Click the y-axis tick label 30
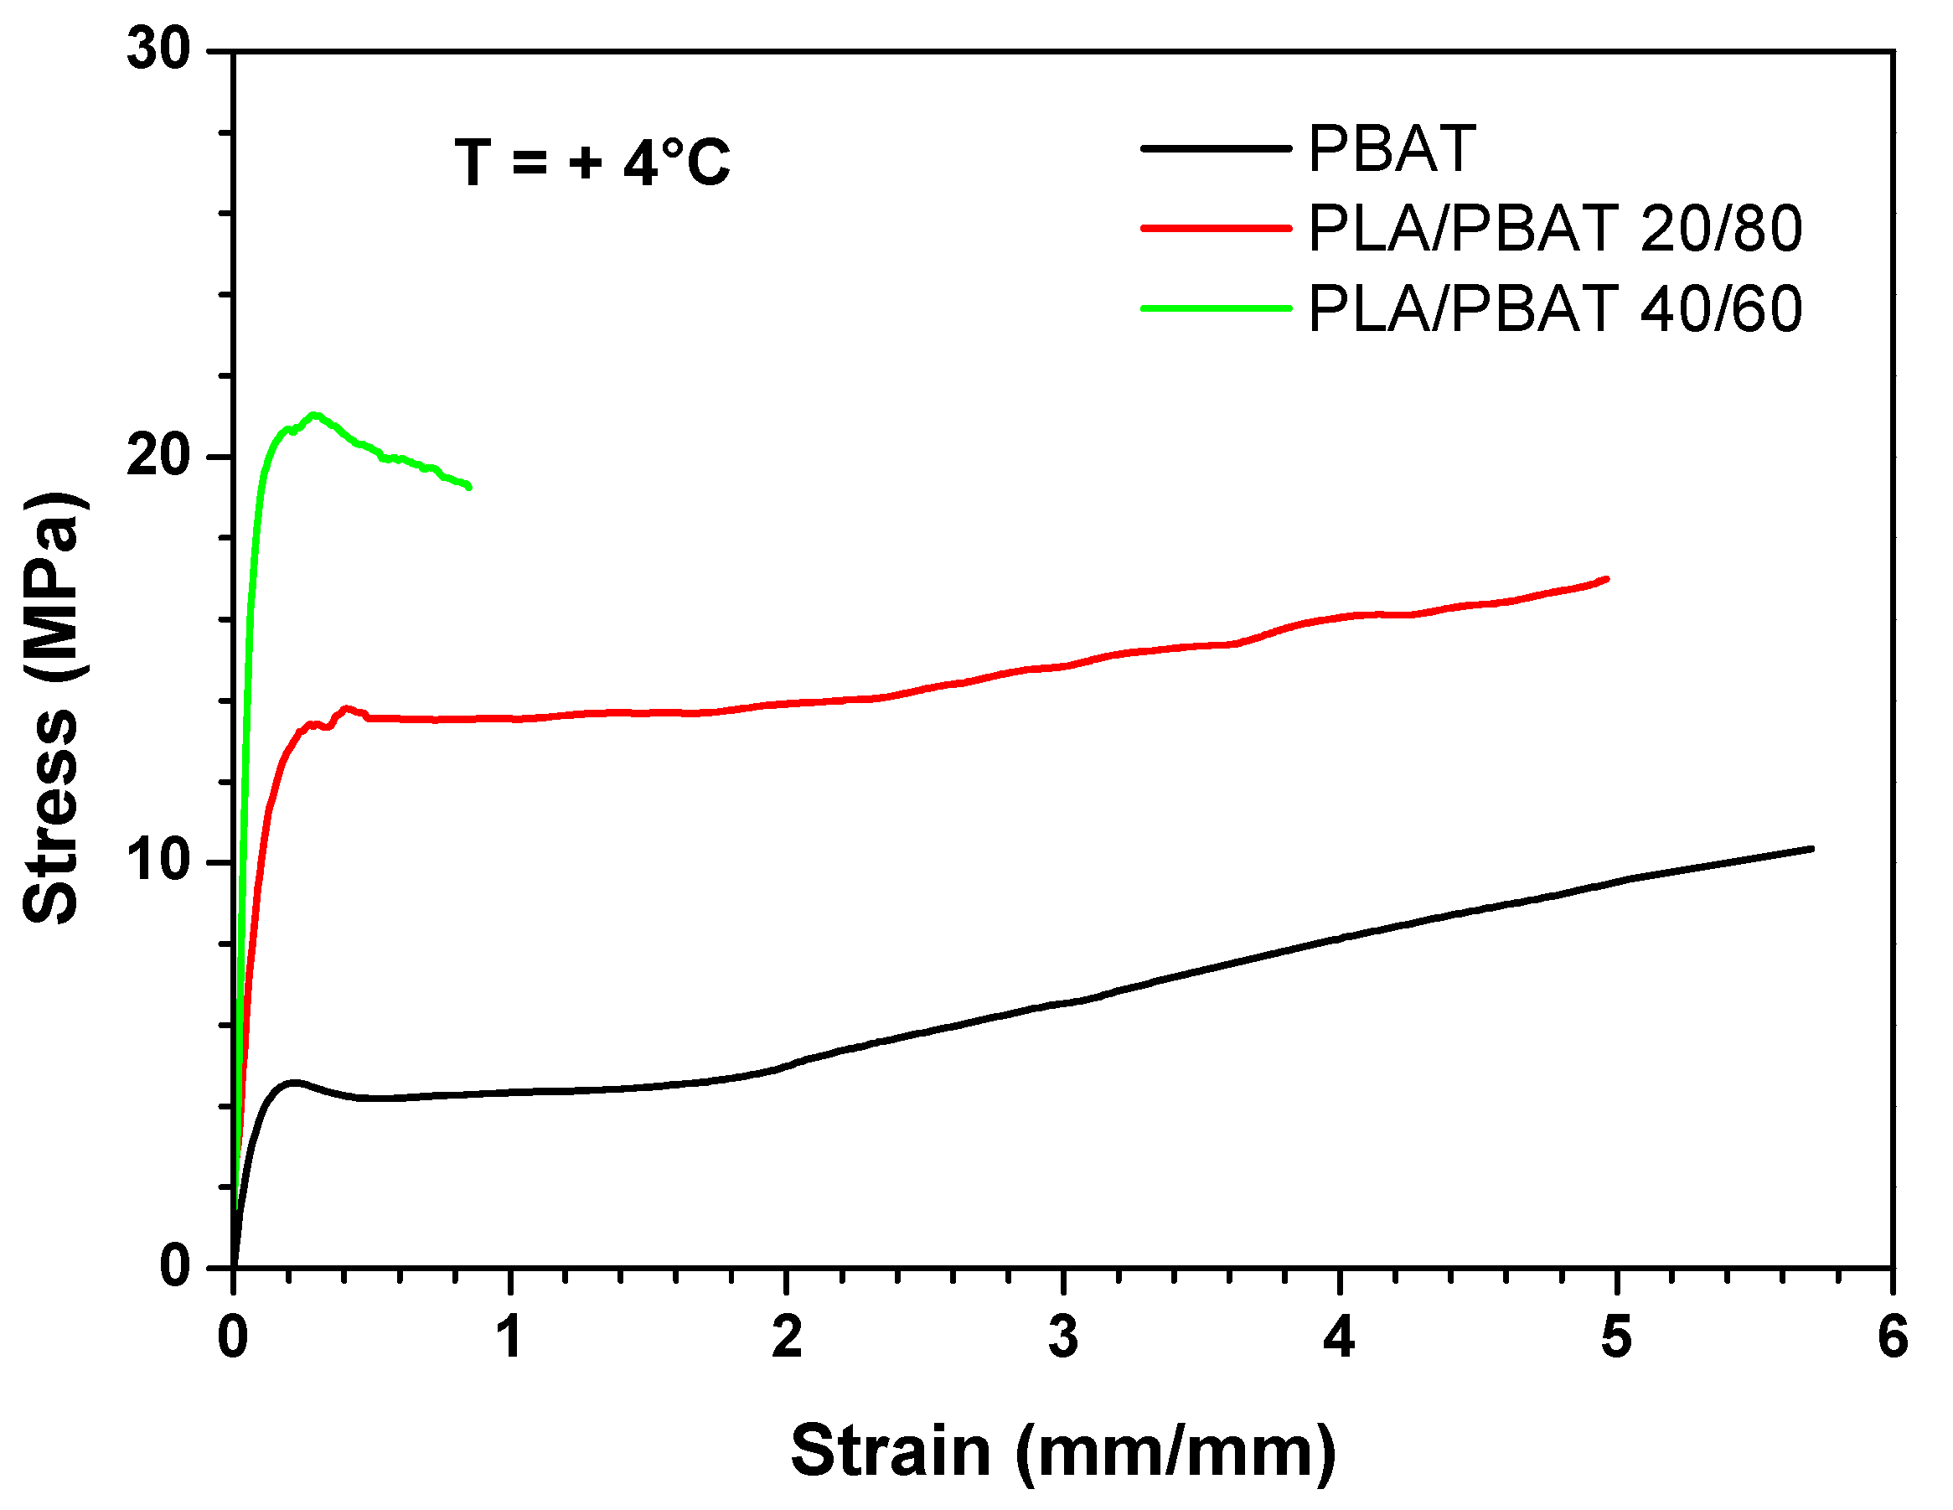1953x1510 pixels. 159,49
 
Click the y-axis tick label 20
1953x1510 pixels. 159,456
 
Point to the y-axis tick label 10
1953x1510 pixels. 159,861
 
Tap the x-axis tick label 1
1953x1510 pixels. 509,1339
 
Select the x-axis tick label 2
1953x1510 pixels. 786,1339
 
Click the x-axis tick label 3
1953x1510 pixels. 1062,1339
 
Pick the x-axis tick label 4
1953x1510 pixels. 1339,1339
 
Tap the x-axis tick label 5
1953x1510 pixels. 1616,1339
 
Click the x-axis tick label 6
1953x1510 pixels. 1892,1339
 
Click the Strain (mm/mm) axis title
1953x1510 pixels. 1062,1451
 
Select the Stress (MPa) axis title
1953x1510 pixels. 54,706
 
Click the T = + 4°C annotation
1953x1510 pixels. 592,163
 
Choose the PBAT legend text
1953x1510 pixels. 1391,148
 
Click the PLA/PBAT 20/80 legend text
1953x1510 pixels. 1554,229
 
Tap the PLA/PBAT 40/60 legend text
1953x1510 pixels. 1554,309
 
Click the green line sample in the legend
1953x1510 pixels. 1217,308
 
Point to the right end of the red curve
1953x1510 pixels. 1607,579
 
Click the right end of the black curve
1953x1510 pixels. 1811,848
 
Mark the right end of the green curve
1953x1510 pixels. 468,487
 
